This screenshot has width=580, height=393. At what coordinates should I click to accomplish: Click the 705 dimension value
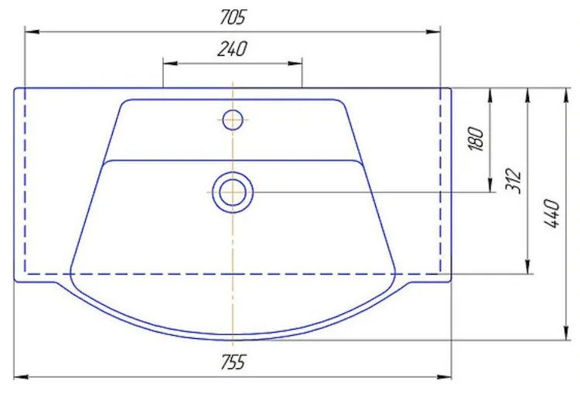pyautogui.click(x=232, y=17)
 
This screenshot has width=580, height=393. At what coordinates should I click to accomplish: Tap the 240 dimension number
pyautogui.click(x=232, y=49)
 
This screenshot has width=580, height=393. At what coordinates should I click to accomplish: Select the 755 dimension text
pyautogui.click(x=233, y=362)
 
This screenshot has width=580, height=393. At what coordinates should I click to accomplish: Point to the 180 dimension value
pyautogui.click(x=476, y=138)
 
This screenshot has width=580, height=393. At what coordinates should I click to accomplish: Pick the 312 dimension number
pyautogui.click(x=513, y=180)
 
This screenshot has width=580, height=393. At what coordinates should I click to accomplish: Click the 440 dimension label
pyautogui.click(x=551, y=214)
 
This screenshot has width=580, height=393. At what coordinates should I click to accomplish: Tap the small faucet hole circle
pyautogui.click(x=233, y=120)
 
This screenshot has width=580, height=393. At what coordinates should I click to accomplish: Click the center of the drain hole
pyautogui.click(x=233, y=193)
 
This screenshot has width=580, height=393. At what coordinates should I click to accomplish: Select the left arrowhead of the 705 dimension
pyautogui.click(x=32, y=32)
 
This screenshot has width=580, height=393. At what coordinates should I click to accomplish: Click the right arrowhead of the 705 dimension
pyautogui.click(x=433, y=32)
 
